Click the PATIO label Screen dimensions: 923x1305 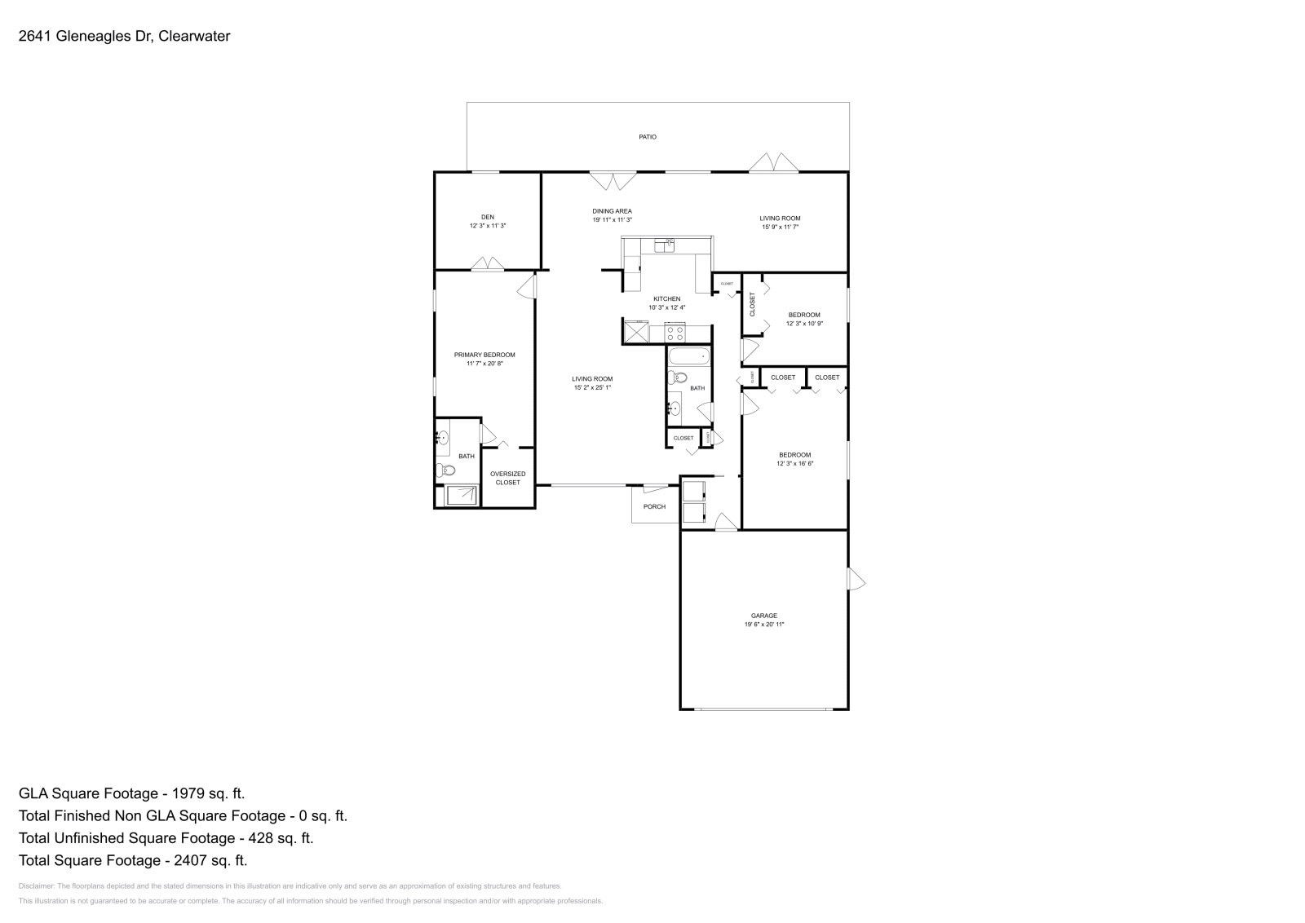[x=647, y=137]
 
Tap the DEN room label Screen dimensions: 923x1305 [x=487, y=217]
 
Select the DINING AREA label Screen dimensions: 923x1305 [x=612, y=211]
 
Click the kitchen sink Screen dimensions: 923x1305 [x=664, y=245]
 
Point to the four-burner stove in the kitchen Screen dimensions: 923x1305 [x=675, y=332]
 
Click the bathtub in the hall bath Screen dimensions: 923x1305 [x=689, y=356]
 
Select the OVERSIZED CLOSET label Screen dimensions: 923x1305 [x=507, y=478]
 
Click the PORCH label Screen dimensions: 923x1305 [x=654, y=506]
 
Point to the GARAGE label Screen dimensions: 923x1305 [x=764, y=616]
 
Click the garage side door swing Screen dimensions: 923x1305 [x=856, y=580]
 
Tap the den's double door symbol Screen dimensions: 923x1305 [x=488, y=263]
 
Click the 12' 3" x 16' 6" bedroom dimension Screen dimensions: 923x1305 [x=794, y=463]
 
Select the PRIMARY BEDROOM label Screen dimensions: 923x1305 [x=484, y=355]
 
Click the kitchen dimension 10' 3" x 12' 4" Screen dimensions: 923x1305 [x=666, y=307]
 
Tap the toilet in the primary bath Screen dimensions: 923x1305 [x=445, y=470]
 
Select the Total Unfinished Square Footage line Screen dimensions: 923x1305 [x=166, y=837]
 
